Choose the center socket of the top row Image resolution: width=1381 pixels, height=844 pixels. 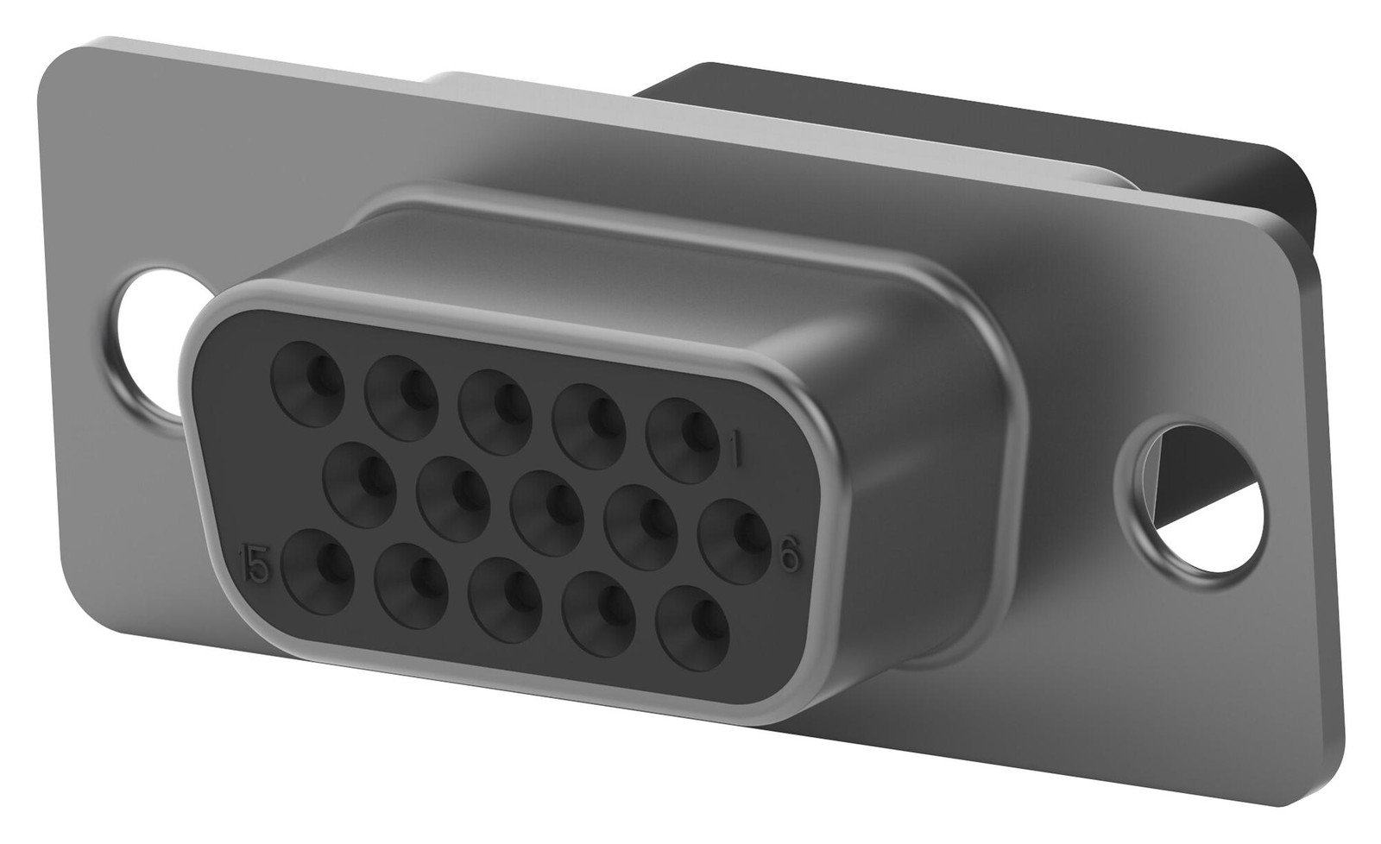pyautogui.click(x=495, y=405)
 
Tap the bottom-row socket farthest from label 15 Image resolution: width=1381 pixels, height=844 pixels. pyautogui.click(x=696, y=621)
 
